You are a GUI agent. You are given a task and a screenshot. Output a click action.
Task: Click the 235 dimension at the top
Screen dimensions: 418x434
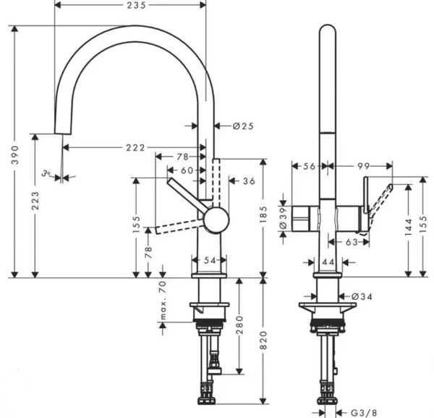(x=132, y=6)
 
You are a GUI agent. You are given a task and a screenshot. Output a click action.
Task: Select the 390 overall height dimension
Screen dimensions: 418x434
(x=14, y=154)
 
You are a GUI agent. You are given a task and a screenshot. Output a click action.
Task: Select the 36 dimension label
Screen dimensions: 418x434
(x=249, y=180)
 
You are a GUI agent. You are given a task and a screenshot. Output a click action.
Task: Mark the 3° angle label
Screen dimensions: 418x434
(x=47, y=172)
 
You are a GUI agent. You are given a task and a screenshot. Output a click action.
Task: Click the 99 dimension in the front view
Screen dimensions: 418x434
(x=361, y=166)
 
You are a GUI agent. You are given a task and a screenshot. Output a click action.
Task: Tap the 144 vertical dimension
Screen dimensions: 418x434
(x=409, y=227)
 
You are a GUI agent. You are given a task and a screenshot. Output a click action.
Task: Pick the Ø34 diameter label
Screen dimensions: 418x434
(x=361, y=296)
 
